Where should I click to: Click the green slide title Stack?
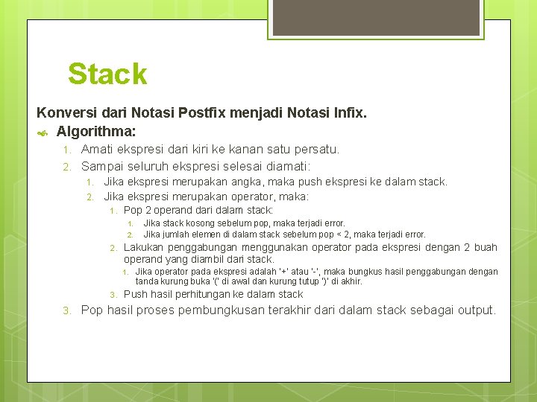(107, 74)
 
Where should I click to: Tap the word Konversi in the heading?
(64, 114)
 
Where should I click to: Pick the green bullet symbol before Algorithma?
(43, 133)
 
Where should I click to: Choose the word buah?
(485, 247)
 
